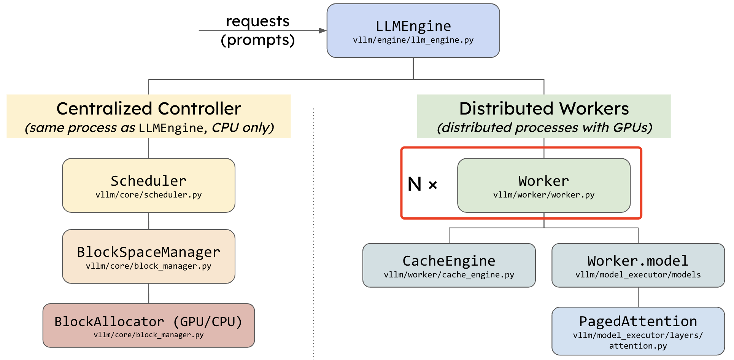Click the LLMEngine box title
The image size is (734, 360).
coord(413,26)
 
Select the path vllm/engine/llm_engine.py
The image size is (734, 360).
coord(413,40)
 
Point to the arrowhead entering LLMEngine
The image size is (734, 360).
coord(323,30)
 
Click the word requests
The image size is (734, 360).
coord(258,21)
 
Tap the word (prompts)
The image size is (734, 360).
coord(258,40)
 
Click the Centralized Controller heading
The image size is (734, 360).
coord(149,108)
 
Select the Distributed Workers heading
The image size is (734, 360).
coord(544,108)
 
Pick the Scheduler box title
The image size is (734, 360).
coord(149,181)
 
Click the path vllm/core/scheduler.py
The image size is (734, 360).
coord(149,195)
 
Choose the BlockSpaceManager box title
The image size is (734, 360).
coord(149,252)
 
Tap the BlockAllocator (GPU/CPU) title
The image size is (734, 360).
coord(149,322)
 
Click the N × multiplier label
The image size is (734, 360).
coord(423,184)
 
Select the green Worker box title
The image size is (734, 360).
coord(544,181)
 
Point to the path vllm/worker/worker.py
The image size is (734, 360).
coord(544,195)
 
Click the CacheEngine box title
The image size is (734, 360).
coord(449,261)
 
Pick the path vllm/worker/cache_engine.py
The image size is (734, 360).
coord(449,275)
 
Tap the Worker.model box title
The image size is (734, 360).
coord(638,261)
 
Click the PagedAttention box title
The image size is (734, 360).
coord(638,322)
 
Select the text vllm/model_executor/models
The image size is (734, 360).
coord(638,275)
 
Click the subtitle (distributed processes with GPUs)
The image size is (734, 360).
coord(545,127)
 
